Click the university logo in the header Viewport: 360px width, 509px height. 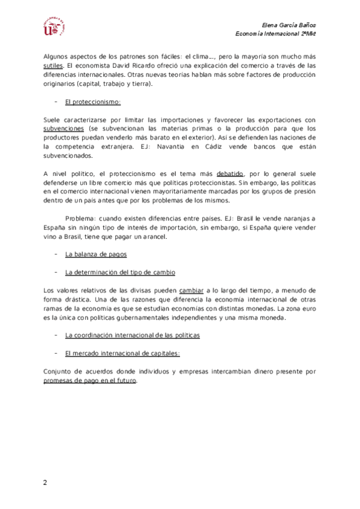coord(53,28)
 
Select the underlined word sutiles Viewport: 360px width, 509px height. coord(53,65)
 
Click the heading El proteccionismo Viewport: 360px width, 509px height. coord(93,102)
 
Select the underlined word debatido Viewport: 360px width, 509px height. coord(229,174)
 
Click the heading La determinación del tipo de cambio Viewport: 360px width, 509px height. coord(120,273)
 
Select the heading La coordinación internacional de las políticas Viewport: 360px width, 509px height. coord(132,335)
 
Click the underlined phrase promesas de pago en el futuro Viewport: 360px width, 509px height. coord(90,381)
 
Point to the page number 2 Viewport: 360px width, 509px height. coord(44,483)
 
